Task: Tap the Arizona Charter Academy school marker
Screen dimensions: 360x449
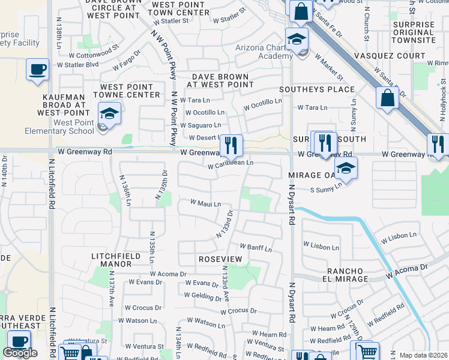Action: point(297,39)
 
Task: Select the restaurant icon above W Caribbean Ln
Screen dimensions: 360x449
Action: point(231,145)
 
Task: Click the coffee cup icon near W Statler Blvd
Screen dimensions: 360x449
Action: point(38,70)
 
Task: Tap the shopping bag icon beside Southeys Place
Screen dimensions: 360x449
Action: point(388,98)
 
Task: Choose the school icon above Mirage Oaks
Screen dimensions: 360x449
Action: point(346,168)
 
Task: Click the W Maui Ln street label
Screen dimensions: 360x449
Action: point(206,203)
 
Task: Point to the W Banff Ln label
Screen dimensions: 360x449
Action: point(256,247)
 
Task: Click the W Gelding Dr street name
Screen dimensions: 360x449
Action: point(203,295)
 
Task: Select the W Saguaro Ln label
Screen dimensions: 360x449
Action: point(200,125)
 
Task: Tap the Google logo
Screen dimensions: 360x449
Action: point(20,353)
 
